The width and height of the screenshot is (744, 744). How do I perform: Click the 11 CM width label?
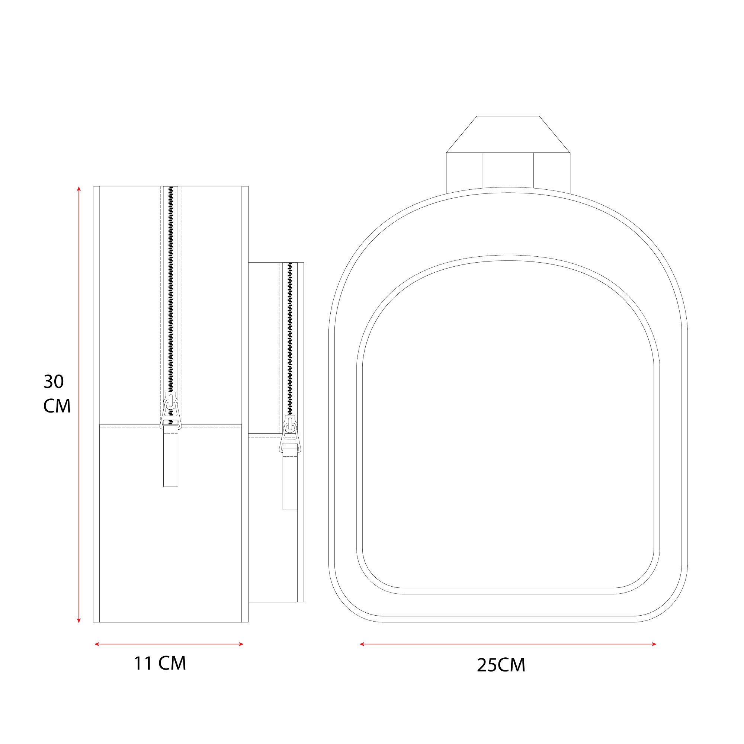tap(160, 663)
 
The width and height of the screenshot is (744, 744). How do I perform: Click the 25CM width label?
tap(501, 665)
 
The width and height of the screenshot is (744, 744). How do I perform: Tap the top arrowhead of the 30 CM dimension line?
tap(79, 189)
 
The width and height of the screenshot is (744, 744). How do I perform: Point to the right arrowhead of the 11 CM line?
tap(241, 644)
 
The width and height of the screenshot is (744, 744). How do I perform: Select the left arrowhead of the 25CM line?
tap(362, 644)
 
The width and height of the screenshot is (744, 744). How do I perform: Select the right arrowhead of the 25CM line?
tap(654, 644)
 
